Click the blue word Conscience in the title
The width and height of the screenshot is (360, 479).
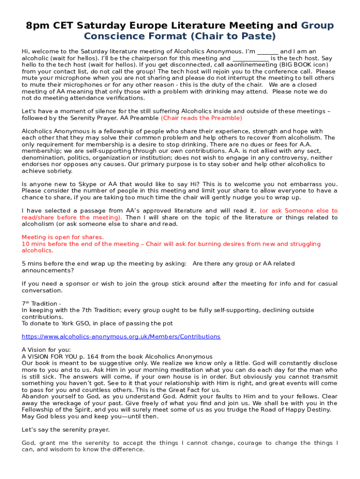point(111,36)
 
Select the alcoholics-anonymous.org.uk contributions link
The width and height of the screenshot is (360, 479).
point(121,336)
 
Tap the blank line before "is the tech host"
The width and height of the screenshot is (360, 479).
point(251,58)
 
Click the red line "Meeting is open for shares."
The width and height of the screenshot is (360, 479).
point(63,237)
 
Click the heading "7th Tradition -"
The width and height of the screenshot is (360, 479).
point(41,304)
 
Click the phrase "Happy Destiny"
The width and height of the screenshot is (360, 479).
point(310,410)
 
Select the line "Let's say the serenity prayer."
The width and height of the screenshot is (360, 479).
point(66,429)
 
